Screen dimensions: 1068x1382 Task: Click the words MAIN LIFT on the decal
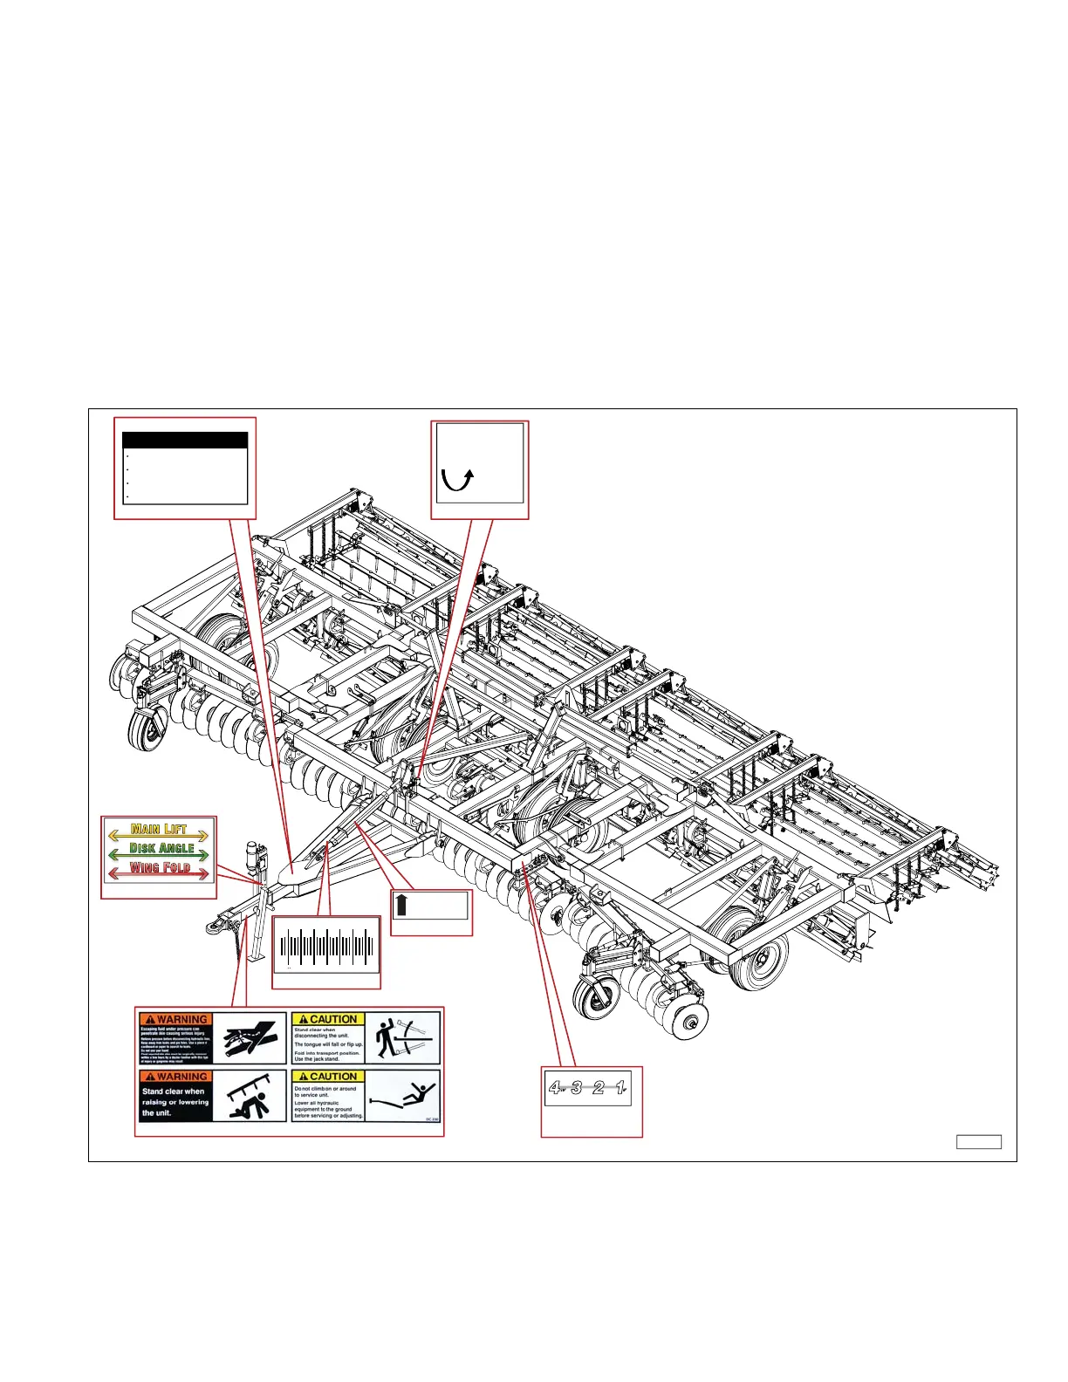pos(159,829)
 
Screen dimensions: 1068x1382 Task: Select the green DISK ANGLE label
pos(161,848)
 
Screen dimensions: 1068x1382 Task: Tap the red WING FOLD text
pos(160,867)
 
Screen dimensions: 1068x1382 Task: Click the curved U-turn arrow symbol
pos(457,479)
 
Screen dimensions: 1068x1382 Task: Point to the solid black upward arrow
pos(401,904)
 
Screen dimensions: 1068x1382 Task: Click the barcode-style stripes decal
pos(326,948)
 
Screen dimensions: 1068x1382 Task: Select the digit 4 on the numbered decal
pos(555,1087)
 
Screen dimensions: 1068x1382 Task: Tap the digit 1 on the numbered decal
pos(620,1087)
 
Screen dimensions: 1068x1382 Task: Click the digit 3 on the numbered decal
pos(577,1087)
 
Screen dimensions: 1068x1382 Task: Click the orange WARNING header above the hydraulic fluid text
pos(175,1019)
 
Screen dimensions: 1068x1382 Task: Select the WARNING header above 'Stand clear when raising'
pos(175,1077)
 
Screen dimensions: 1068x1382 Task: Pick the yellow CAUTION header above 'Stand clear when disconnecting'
pos(328,1019)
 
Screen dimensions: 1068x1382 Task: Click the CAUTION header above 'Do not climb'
pos(328,1077)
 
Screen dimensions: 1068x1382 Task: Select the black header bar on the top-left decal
pos(184,441)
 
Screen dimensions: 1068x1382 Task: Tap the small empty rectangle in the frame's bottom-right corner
pos(978,1142)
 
